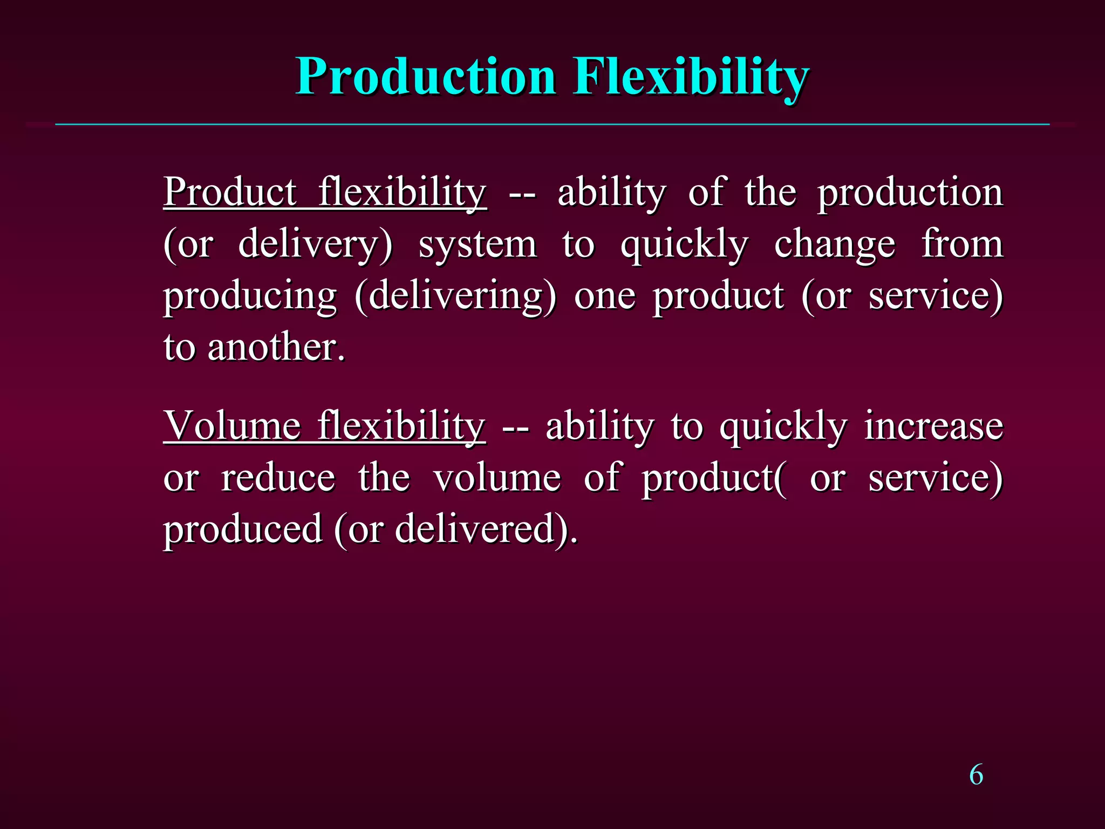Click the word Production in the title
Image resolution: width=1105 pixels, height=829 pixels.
tap(426, 77)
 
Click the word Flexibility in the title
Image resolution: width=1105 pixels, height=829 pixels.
tap(691, 77)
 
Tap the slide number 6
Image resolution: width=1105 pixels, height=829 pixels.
tap(976, 775)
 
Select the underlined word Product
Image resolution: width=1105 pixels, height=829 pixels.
tap(230, 192)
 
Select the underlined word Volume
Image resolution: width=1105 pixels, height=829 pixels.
tap(232, 426)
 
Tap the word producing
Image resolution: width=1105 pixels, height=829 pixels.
tap(250, 297)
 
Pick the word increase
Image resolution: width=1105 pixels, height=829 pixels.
tap(933, 426)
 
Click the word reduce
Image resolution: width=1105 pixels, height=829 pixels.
tap(278, 478)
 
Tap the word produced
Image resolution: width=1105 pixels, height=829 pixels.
tap(243, 529)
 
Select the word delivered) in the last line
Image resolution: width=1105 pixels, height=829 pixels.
tap(486, 528)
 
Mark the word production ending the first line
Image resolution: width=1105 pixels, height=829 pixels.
tap(910, 193)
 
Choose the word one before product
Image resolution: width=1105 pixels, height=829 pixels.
tap(604, 297)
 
